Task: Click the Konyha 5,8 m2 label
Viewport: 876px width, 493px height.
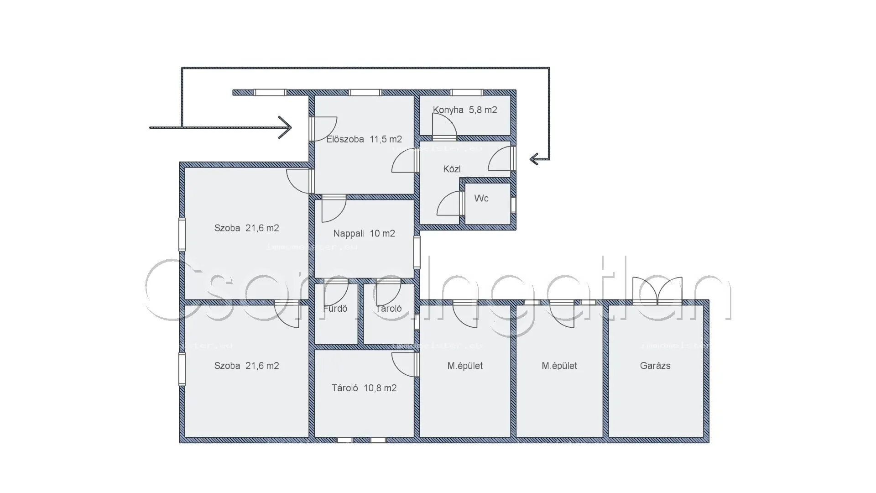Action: (x=464, y=110)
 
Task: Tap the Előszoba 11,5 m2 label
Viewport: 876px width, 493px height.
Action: (x=364, y=139)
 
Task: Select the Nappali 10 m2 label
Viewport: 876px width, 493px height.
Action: (x=364, y=234)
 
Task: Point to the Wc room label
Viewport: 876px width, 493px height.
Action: (x=481, y=198)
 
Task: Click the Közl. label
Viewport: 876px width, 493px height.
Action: (x=453, y=169)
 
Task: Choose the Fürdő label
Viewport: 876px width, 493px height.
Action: (x=335, y=309)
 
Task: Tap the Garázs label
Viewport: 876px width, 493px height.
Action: (x=655, y=366)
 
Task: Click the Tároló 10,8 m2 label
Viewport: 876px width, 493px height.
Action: (x=364, y=388)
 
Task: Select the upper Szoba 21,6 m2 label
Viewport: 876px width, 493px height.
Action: (x=246, y=228)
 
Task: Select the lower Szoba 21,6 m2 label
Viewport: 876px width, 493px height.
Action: (x=246, y=366)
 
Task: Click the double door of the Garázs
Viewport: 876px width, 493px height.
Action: (x=657, y=291)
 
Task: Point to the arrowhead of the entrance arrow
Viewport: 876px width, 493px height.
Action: (x=286, y=127)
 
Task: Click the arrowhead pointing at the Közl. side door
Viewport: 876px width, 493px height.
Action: (x=534, y=159)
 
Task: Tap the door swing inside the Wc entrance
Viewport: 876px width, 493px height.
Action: (x=450, y=204)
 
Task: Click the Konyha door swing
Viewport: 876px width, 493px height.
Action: (x=443, y=125)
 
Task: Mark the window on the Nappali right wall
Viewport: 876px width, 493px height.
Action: (x=417, y=252)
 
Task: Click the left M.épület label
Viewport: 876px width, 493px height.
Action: (x=464, y=366)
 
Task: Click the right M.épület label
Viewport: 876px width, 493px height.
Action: (x=559, y=366)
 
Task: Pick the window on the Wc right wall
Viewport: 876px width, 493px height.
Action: (x=513, y=204)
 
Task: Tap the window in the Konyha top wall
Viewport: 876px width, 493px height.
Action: (x=466, y=93)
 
